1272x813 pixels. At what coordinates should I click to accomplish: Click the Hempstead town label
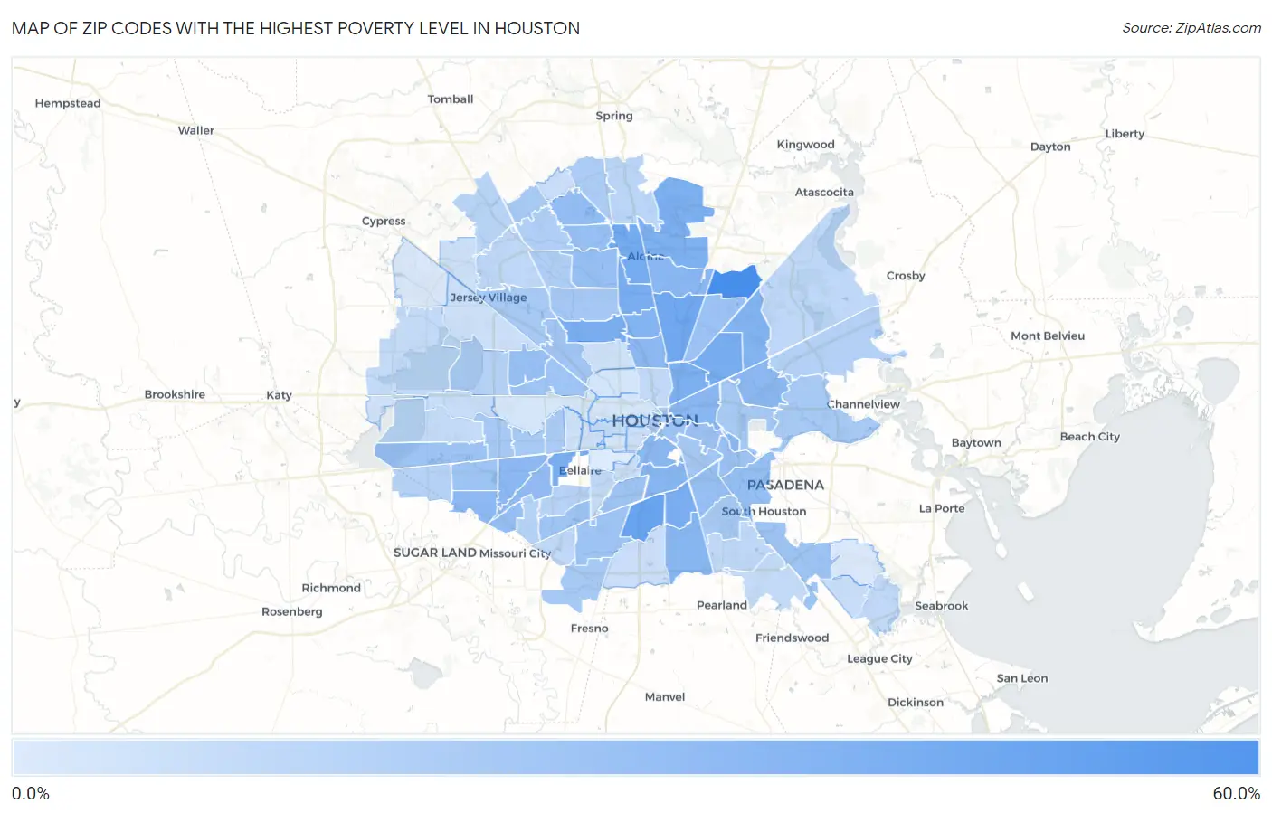point(68,103)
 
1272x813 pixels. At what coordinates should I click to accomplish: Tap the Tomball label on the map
point(451,99)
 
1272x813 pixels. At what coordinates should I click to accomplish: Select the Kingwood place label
point(805,145)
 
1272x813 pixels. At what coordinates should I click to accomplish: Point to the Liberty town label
point(1125,134)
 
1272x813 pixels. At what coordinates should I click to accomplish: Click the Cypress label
point(384,221)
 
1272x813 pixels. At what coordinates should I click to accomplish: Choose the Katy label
point(279,395)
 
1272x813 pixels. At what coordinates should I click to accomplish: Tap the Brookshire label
point(175,394)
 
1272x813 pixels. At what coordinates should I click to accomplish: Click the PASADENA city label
point(785,485)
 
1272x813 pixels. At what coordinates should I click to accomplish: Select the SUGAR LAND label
point(434,553)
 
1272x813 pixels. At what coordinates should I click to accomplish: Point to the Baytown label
point(976,443)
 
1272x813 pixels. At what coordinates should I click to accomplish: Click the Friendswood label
point(792,638)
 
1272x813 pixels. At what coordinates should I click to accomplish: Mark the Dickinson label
point(916,703)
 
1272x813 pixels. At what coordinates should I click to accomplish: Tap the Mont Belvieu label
point(1048,336)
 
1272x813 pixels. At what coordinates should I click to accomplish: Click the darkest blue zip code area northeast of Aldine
point(733,282)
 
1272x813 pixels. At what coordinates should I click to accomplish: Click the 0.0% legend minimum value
point(31,794)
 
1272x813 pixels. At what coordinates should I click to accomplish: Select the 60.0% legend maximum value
point(1236,794)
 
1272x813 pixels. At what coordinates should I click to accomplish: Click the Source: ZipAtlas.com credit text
point(1191,28)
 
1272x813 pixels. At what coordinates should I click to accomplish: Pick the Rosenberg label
point(291,612)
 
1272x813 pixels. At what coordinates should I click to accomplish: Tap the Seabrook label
point(941,606)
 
